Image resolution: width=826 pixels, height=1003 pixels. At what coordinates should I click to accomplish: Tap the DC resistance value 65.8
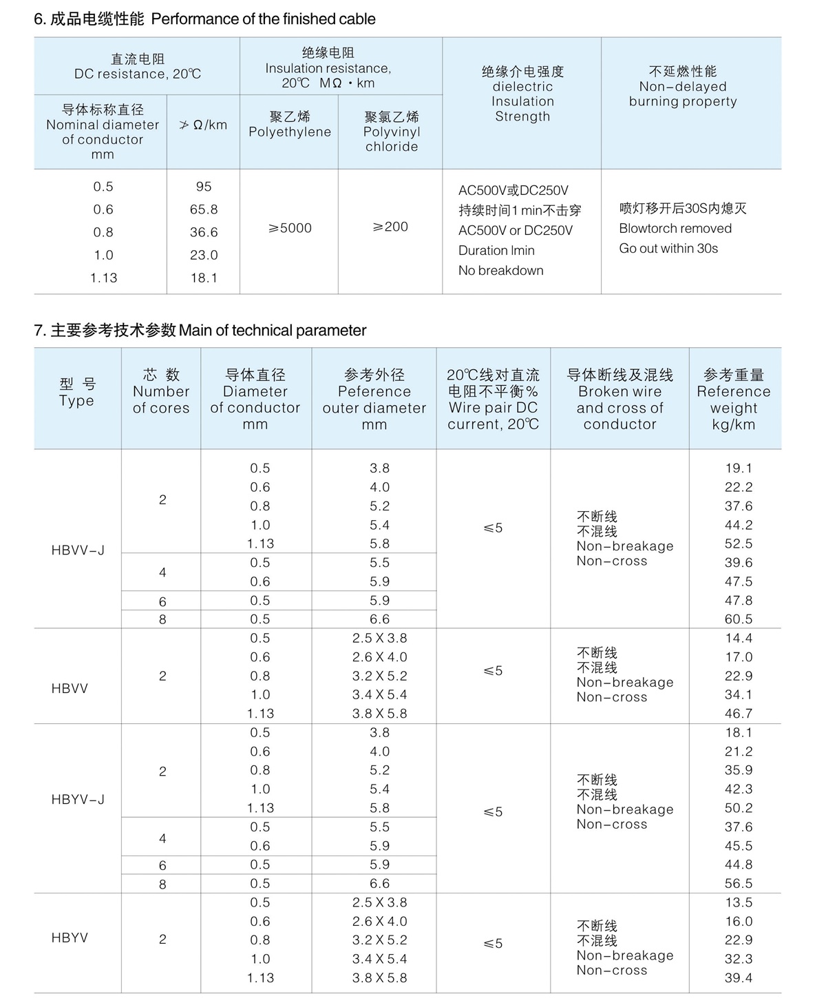(x=204, y=209)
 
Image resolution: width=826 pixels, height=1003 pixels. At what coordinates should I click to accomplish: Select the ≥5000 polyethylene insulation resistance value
(x=290, y=228)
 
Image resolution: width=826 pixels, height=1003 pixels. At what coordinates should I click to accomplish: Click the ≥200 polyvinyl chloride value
(x=390, y=227)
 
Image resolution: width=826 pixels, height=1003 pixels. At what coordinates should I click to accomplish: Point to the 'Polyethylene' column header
(x=290, y=125)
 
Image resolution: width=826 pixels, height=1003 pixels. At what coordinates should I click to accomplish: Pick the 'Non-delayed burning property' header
(x=683, y=86)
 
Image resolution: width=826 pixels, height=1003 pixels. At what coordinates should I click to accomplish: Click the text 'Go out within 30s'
(x=668, y=249)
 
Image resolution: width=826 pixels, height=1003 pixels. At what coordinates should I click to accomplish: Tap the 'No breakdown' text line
(x=501, y=271)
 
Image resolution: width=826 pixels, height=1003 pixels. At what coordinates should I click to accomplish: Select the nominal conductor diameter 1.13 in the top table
(x=103, y=278)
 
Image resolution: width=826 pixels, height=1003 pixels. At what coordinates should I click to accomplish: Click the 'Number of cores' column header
(x=161, y=391)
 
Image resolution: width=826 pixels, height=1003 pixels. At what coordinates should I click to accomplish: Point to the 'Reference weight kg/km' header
(x=734, y=400)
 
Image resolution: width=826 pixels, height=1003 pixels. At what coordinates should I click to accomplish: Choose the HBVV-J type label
(x=78, y=550)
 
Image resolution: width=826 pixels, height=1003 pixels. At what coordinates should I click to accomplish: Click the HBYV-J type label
(x=78, y=800)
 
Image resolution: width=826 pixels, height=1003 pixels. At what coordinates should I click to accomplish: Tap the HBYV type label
(x=70, y=938)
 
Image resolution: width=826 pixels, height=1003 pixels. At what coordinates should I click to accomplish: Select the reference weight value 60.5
(x=739, y=619)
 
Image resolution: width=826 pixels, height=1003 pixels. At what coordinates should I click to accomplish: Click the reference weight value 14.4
(x=739, y=639)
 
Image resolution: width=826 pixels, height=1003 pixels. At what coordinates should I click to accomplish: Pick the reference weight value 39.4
(x=739, y=978)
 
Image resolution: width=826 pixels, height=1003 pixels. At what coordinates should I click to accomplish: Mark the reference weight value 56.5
(x=739, y=883)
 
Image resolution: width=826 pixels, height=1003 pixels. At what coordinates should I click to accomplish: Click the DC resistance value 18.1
(x=204, y=278)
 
